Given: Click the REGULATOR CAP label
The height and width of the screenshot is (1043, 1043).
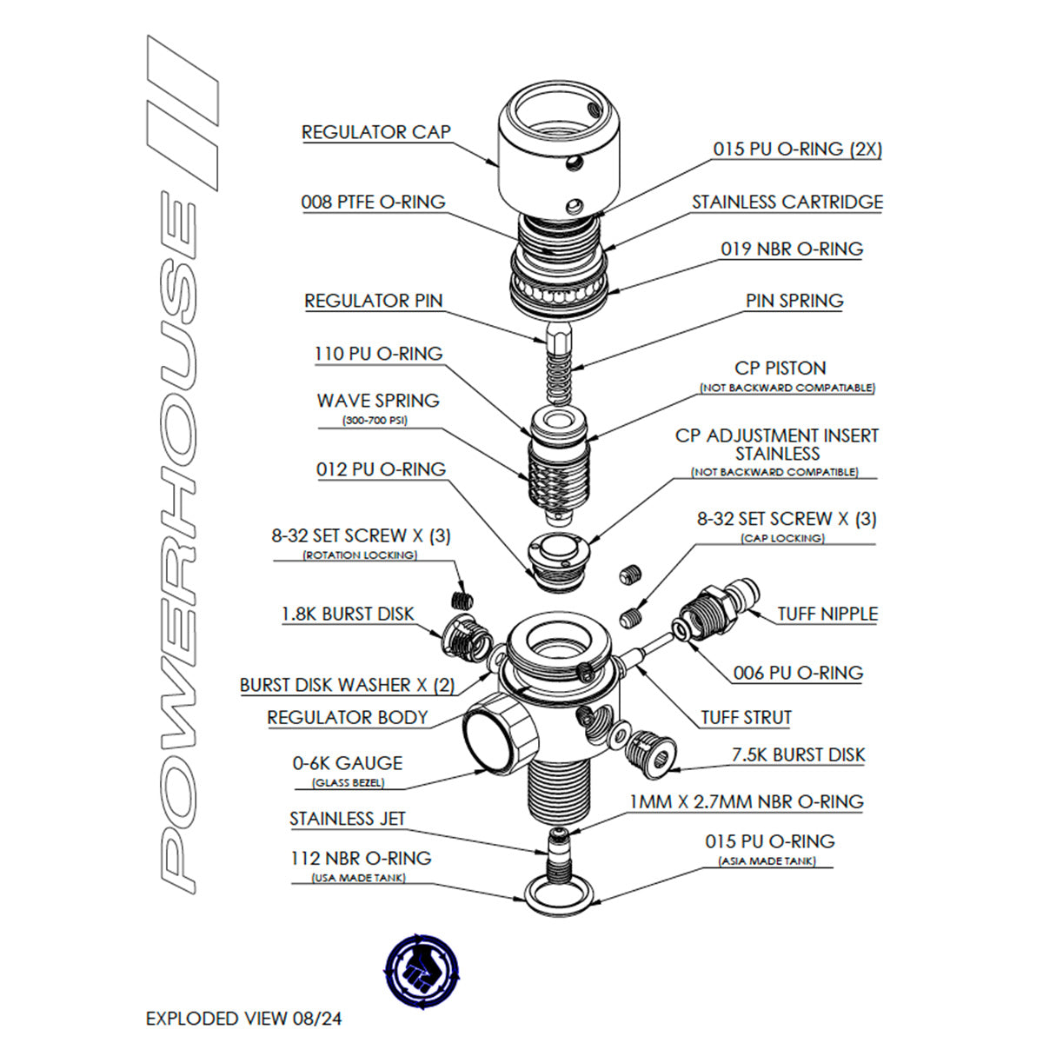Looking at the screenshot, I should (x=375, y=132).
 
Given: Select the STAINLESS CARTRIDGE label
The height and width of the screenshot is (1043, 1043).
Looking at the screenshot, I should (x=787, y=202).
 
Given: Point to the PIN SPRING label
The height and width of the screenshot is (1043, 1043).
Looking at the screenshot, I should (x=794, y=301).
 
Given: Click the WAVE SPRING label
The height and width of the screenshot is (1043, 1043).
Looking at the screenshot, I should (x=377, y=401).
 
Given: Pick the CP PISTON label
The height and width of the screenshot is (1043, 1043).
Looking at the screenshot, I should (x=780, y=368).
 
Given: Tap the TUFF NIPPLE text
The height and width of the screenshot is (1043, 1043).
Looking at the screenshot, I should (x=827, y=614).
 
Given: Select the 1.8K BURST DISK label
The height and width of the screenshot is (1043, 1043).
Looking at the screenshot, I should (x=347, y=614).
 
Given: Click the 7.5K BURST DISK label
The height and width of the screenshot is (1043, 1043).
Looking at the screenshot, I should (x=798, y=754).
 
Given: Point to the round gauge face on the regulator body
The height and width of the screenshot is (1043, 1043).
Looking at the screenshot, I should (x=492, y=735).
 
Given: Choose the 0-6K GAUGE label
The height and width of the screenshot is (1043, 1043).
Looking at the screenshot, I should (x=347, y=763).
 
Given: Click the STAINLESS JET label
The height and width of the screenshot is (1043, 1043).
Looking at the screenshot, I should (x=347, y=819).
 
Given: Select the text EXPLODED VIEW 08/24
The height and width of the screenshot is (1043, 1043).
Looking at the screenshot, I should (x=243, y=1018).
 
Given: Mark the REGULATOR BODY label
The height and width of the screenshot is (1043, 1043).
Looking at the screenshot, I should (x=347, y=718).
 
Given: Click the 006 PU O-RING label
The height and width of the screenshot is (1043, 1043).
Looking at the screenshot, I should (x=797, y=673).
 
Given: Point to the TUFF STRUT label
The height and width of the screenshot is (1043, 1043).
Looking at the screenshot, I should (x=746, y=718).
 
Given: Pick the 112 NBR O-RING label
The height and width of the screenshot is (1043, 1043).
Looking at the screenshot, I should (x=360, y=858).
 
